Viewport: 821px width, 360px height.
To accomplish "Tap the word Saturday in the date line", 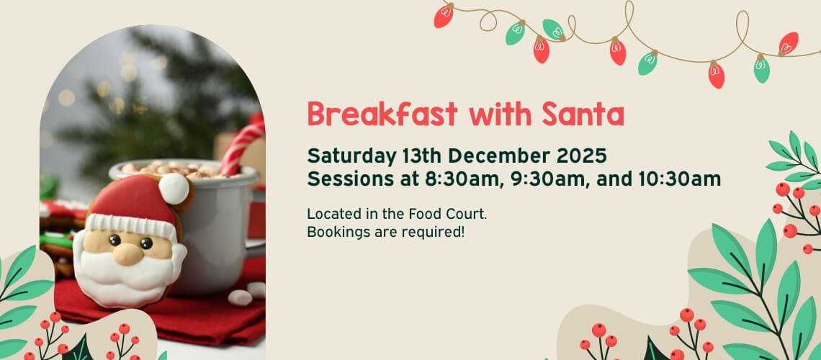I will point(352,156).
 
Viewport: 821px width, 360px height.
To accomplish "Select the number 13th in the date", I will point(422,156).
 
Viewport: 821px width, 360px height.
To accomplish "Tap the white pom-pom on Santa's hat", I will point(174,189).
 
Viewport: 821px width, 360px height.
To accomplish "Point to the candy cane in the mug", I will point(241,148).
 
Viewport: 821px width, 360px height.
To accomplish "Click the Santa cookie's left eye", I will point(115,240).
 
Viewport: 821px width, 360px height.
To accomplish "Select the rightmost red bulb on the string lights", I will point(788,43).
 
